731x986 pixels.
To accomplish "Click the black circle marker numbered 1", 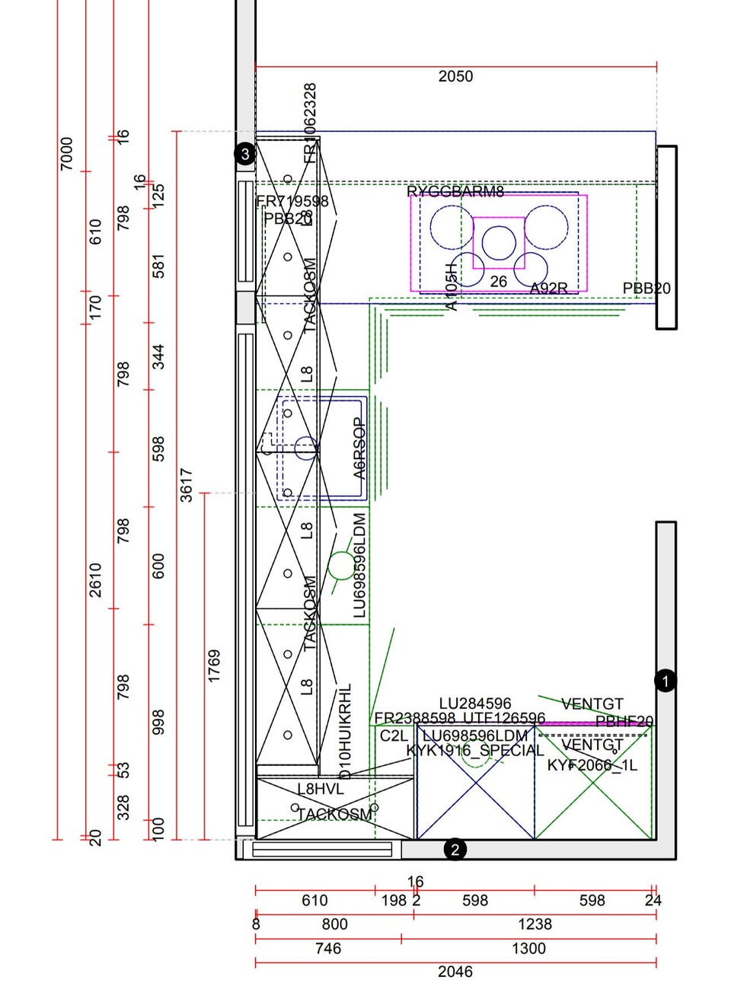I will coord(665,681).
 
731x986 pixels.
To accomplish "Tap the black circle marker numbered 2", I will coord(455,850).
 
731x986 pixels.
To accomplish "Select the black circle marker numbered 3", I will coord(244,154).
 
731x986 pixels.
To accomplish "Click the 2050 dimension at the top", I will coord(455,76).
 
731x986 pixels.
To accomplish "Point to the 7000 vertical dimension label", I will coord(67,153).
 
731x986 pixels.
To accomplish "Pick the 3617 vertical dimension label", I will coord(187,485).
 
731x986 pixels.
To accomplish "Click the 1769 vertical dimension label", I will coord(214,665).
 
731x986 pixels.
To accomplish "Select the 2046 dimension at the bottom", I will coord(455,972).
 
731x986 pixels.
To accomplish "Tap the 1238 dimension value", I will coord(535,924).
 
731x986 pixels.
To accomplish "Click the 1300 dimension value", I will coord(528,948).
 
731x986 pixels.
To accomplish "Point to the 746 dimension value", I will coord(328,948).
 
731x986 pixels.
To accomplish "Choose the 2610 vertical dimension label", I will coord(95,580).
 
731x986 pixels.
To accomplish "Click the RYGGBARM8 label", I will coord(455,191).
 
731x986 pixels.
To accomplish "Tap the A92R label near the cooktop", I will coord(548,289).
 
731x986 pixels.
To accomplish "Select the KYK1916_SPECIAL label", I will coord(475,751).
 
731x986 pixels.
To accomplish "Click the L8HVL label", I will coord(321,790).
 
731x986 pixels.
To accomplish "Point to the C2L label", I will coord(394,736).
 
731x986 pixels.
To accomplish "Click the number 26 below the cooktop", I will coord(498,282).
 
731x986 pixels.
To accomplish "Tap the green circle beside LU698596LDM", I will coord(340,566).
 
